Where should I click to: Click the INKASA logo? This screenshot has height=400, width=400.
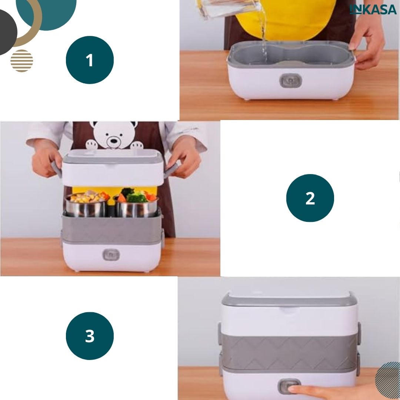click(x=373, y=9)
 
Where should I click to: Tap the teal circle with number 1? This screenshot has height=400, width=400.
click(x=90, y=60)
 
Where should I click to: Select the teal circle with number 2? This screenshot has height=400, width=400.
click(x=310, y=198)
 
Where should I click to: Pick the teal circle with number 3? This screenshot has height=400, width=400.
click(x=90, y=336)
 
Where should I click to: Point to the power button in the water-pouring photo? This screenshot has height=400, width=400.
click(x=291, y=81)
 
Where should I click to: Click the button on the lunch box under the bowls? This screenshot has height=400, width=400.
click(x=111, y=255)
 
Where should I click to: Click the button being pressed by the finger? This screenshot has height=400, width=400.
click(x=289, y=386)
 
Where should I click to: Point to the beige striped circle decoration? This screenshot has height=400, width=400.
click(x=22, y=61)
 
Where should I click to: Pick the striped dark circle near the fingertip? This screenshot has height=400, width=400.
click(x=388, y=380)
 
